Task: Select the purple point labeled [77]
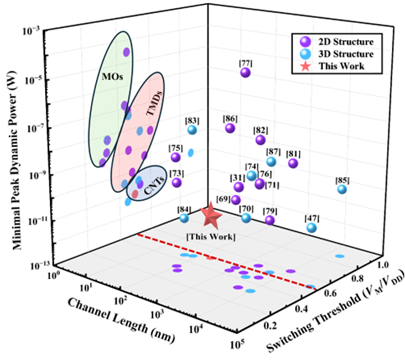245,72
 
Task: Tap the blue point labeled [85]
342,189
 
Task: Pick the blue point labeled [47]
311,227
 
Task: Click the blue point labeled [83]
193,130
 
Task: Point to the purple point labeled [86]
230,128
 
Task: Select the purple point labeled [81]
293,163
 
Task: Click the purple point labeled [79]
269,220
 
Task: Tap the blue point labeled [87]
271,161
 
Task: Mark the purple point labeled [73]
176,182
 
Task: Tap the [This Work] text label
211,237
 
